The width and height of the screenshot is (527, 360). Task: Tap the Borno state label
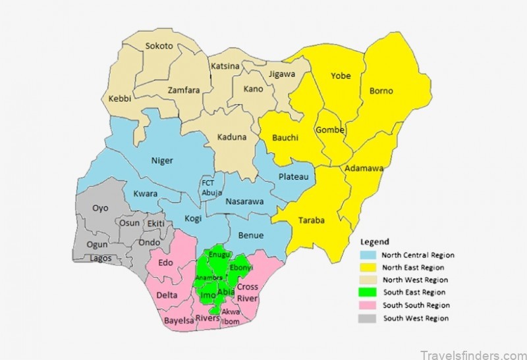381,90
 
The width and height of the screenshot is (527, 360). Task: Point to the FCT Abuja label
208,188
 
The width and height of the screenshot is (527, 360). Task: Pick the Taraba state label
312,220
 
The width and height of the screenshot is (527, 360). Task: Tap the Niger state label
162,160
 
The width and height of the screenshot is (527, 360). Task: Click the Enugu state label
219,255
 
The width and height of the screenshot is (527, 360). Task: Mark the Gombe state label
330,130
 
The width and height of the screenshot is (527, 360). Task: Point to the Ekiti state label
155,224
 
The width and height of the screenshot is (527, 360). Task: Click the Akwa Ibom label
231,316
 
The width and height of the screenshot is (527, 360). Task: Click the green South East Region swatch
368,292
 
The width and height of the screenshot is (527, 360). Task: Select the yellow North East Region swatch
368,267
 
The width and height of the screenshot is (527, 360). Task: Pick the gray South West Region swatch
368,318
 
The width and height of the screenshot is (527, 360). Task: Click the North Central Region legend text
418,255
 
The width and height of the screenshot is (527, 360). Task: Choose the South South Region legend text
418,305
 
